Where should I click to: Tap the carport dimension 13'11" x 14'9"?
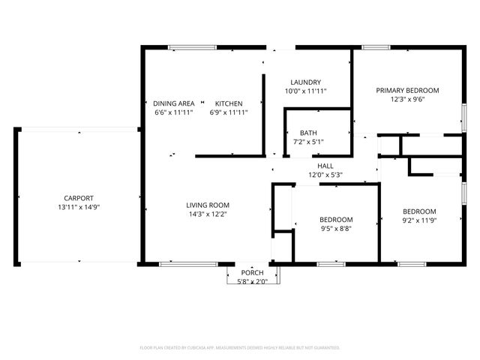[79, 207]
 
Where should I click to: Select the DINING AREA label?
[174, 103]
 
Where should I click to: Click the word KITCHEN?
[229, 103]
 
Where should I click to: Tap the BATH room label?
[308, 133]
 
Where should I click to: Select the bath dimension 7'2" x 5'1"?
[308, 142]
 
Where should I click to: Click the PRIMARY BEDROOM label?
[407, 90]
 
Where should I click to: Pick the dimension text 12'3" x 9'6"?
[407, 99]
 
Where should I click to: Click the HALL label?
[325, 166]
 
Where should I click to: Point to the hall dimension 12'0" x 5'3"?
[325, 175]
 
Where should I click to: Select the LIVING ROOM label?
[208, 205]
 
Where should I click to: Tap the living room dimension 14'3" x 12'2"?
[208, 214]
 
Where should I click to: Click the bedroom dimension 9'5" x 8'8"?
[336, 229]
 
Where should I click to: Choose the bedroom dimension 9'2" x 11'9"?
[418, 220]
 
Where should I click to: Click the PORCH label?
[252, 272]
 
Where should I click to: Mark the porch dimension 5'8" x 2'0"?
[252, 281]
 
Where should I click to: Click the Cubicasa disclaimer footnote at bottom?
[240, 348]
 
